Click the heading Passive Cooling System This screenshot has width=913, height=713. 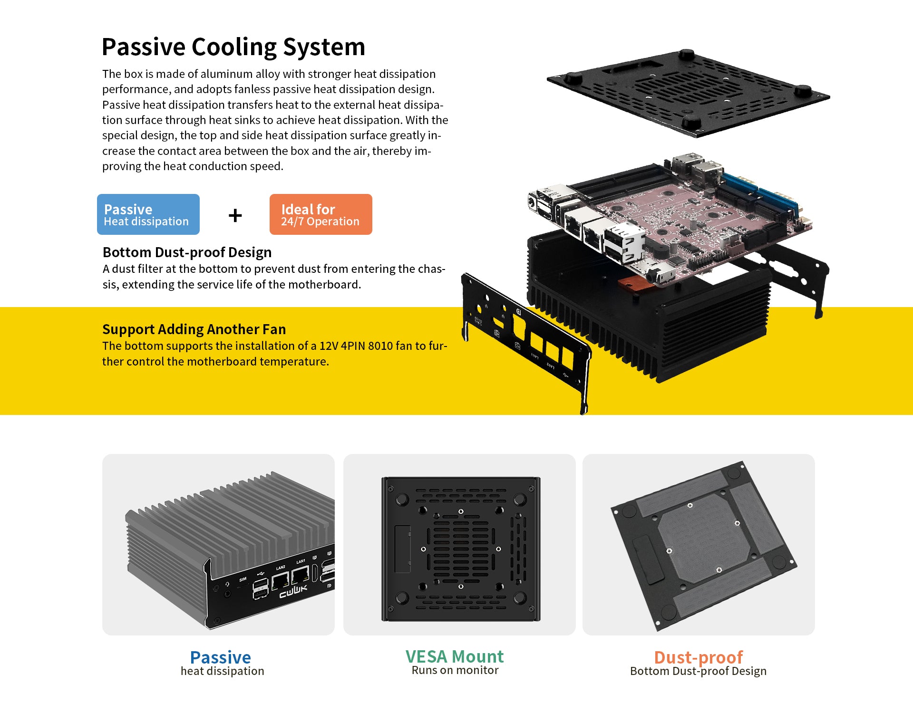click(233, 47)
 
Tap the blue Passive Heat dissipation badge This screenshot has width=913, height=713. click(148, 214)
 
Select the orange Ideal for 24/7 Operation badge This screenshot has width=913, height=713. click(321, 214)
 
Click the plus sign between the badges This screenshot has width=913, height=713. click(235, 215)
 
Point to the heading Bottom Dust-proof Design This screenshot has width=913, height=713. click(187, 252)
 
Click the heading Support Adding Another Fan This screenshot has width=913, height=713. click(194, 329)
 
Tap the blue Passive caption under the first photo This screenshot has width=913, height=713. click(220, 657)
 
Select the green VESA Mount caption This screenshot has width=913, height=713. click(454, 656)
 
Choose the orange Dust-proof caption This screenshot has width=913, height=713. click(698, 657)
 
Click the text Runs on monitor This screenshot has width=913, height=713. click(455, 670)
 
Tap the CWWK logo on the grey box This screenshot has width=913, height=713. click(293, 591)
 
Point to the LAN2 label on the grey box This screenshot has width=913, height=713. click(281, 568)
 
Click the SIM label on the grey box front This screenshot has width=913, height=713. click(243, 579)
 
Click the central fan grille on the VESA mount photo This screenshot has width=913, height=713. click(460, 549)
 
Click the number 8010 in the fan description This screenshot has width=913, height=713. click(380, 346)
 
